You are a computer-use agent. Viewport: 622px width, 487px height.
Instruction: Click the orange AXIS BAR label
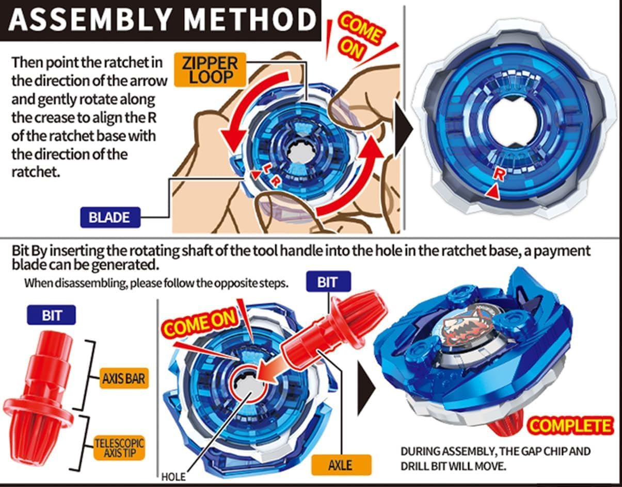pos(123,379)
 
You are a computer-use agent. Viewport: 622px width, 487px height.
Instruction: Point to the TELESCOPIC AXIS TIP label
pos(119,448)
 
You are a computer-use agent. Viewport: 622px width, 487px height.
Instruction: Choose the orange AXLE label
pos(340,465)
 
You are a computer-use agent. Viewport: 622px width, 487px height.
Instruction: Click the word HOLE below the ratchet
pos(173,477)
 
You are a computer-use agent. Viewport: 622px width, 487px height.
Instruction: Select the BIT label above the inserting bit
pos(328,281)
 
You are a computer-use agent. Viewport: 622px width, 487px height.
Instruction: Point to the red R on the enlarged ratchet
pos(499,175)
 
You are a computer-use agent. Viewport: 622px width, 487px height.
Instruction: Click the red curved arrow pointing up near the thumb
pos(356,175)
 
